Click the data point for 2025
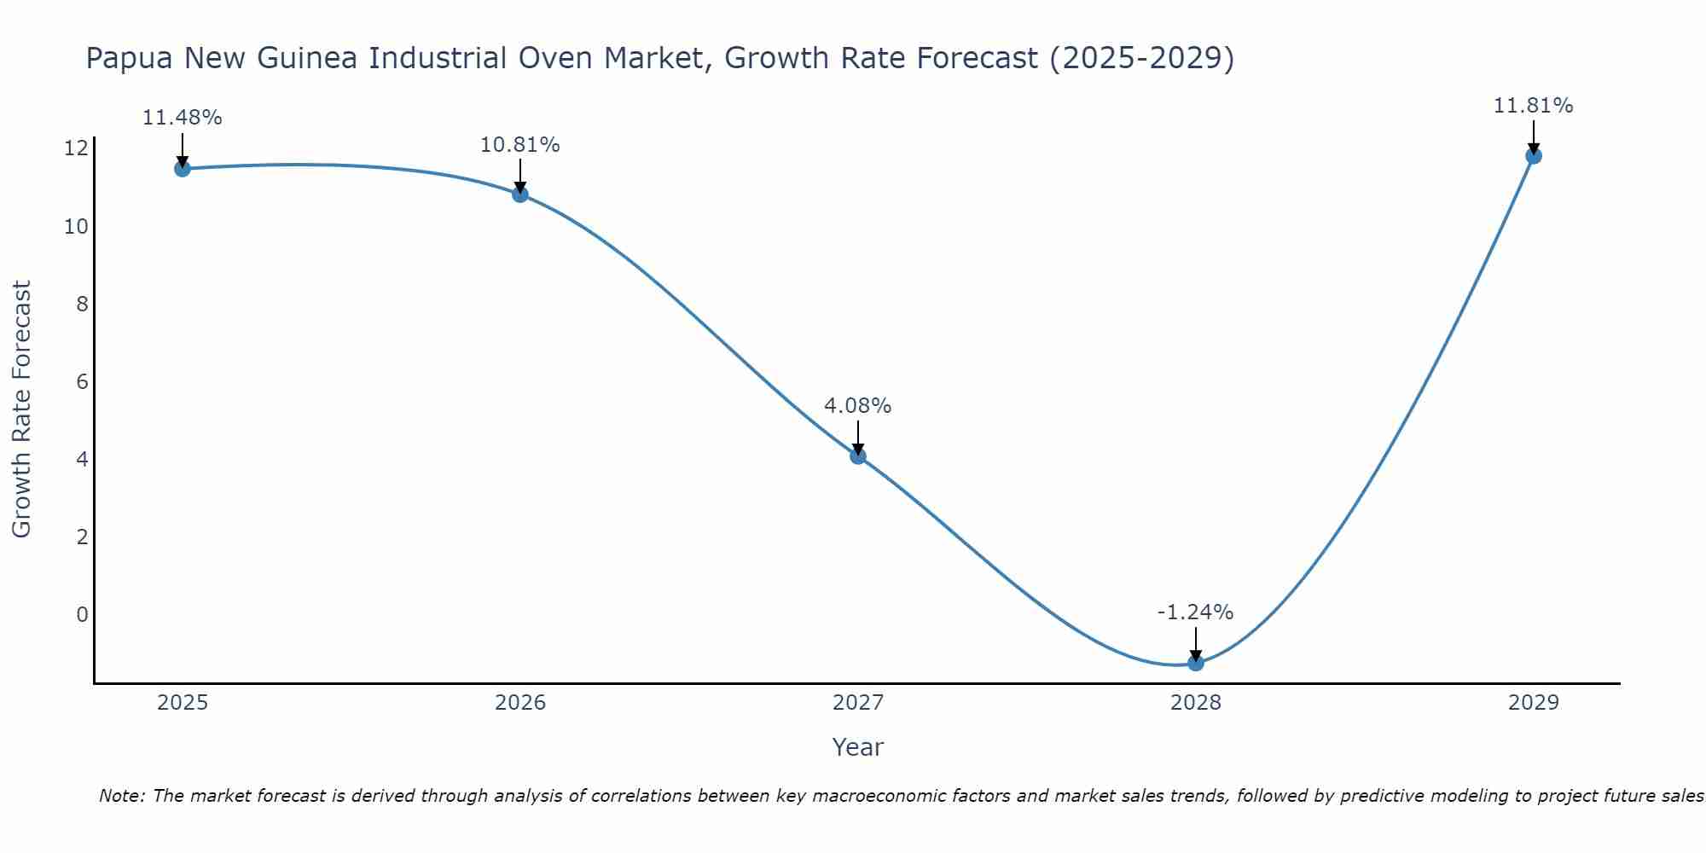click(x=182, y=168)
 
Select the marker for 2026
click(x=520, y=194)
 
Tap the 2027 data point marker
click(x=858, y=456)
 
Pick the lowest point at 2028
click(x=1196, y=663)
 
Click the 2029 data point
click(x=1534, y=155)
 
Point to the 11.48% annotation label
click(x=182, y=118)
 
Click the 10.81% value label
click(x=520, y=145)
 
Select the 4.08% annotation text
click(x=858, y=406)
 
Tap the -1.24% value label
click(x=1196, y=612)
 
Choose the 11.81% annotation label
click(x=1534, y=106)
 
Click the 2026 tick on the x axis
click(x=520, y=703)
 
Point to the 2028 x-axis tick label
click(x=1196, y=703)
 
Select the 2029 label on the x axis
click(x=1534, y=703)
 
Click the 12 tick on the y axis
click(x=76, y=148)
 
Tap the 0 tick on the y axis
click(x=82, y=615)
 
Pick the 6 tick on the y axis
click(x=82, y=381)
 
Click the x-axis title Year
click(x=858, y=747)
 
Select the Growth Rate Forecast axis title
click(x=22, y=409)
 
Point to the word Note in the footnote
click(x=121, y=796)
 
